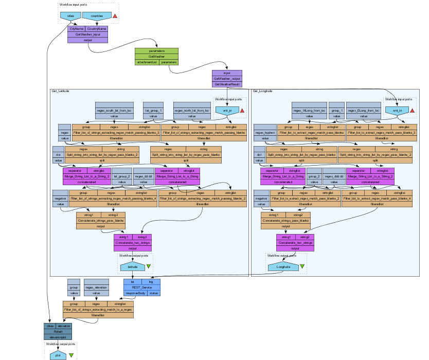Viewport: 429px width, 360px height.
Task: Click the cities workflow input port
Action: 71,16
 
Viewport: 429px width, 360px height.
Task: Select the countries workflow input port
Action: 97,16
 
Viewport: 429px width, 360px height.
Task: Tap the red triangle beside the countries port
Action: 115,16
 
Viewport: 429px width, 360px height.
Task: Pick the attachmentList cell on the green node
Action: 146,62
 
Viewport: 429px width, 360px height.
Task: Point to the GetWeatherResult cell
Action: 227,83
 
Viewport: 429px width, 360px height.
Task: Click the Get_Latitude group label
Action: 61,91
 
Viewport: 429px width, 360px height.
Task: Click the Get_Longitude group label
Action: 263,91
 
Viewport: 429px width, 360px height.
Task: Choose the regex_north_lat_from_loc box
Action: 192,111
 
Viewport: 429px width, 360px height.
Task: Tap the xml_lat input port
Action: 226,111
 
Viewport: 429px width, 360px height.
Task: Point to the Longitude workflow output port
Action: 283,266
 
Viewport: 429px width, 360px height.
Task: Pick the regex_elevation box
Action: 97,287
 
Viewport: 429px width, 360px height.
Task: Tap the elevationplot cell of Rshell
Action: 58,337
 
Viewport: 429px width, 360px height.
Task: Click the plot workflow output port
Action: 58,355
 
